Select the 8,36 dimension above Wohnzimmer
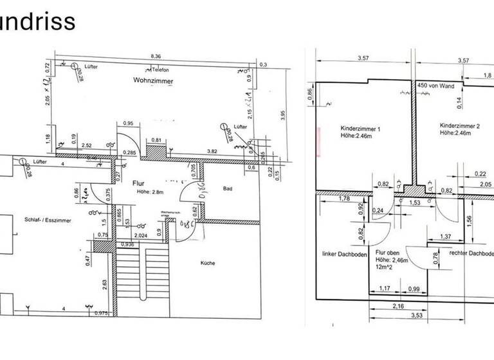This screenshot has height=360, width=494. (x=155, y=57)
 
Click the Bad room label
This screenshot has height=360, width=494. (x=227, y=189)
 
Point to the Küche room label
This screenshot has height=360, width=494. (x=207, y=262)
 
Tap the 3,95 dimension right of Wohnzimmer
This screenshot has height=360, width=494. (x=282, y=114)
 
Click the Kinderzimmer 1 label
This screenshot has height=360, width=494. (x=361, y=129)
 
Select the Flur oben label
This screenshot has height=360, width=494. (x=389, y=254)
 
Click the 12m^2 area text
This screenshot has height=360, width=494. (x=385, y=267)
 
